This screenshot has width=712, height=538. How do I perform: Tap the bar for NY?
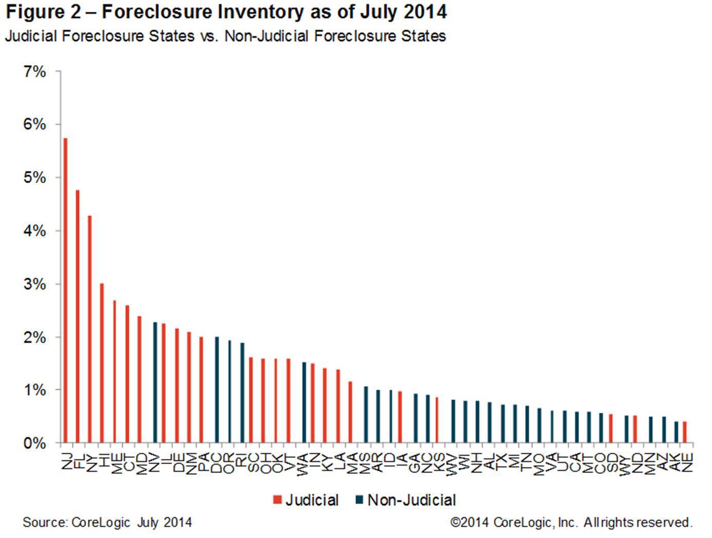tap(90, 329)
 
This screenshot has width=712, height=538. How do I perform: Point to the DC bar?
tap(217, 390)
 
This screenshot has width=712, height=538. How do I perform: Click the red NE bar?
tap(685, 432)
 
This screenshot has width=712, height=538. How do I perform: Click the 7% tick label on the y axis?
tap(35, 72)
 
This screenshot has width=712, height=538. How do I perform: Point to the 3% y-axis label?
tap(35, 284)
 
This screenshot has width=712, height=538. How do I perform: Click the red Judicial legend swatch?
tap(278, 500)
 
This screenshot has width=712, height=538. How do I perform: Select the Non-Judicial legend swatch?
tap(359, 499)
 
